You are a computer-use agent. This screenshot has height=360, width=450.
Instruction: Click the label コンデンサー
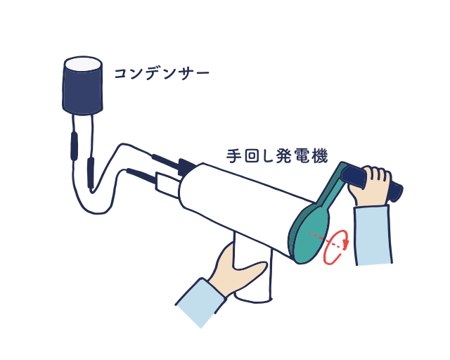click(162, 74)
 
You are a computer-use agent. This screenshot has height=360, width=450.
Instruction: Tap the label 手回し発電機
click(277, 156)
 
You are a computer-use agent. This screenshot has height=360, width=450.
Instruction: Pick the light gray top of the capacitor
click(83, 64)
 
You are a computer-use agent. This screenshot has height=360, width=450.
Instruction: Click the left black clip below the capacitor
click(75, 146)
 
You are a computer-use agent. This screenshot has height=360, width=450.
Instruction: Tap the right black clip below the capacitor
click(91, 173)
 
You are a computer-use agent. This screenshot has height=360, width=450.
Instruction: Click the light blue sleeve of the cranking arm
click(373, 235)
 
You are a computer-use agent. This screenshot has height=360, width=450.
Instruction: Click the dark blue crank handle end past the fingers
click(396, 191)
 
